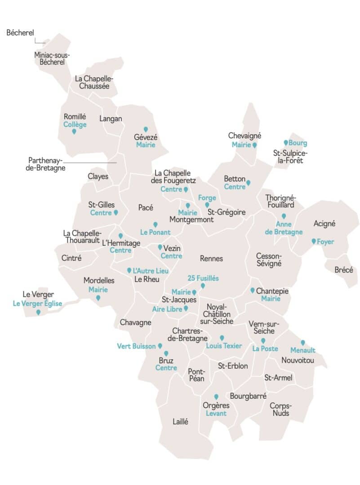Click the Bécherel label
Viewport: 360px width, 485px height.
[x=20, y=33]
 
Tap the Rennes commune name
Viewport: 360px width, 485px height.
[x=211, y=259]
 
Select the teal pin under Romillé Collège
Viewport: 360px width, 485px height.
[x=74, y=132]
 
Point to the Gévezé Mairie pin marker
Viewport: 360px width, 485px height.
[x=146, y=129]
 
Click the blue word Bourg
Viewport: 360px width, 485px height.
[x=298, y=143]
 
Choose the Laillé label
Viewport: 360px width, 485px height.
[x=180, y=422]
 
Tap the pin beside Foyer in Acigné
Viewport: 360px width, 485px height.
[x=314, y=241]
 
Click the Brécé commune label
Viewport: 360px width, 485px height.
[x=344, y=270]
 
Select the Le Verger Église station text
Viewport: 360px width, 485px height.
[x=37, y=304]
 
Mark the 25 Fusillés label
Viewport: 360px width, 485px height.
[x=203, y=278]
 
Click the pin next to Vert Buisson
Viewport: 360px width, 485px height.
[x=160, y=346]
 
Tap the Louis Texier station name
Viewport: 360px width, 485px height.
[x=224, y=346]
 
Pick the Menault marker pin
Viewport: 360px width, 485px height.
[x=303, y=343]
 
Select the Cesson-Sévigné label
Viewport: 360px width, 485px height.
[x=269, y=260]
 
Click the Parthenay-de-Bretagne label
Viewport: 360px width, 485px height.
[x=47, y=164]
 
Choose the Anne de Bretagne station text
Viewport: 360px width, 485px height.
[x=284, y=228]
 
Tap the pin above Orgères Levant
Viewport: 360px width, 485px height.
[x=216, y=397]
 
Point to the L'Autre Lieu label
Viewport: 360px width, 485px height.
[x=151, y=271]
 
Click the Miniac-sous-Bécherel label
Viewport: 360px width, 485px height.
[x=52, y=58]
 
